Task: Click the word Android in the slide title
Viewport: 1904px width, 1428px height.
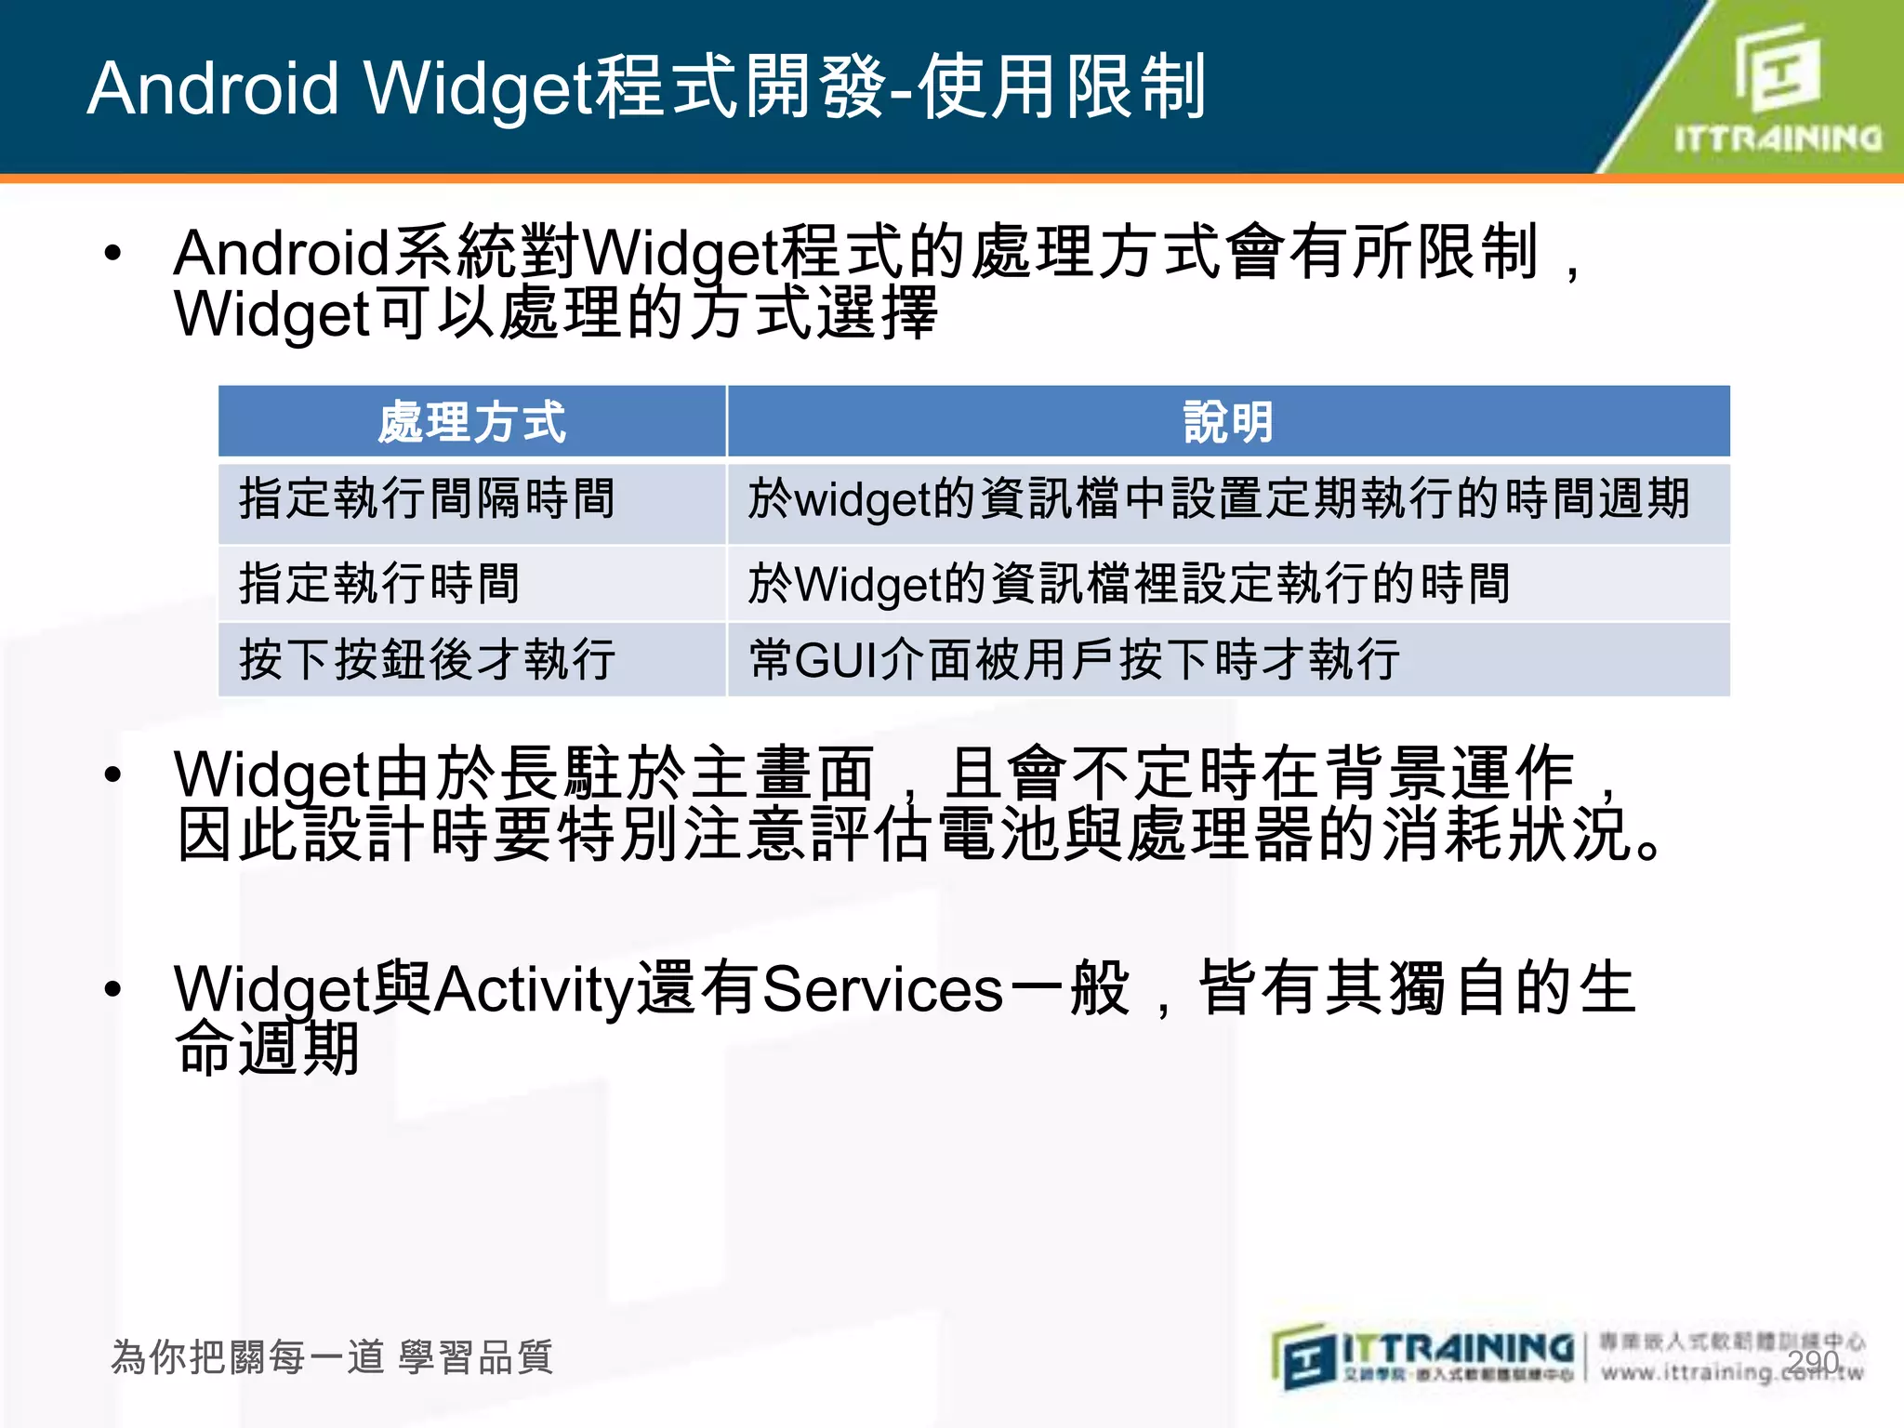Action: tap(214, 88)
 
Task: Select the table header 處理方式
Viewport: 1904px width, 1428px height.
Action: tap(471, 422)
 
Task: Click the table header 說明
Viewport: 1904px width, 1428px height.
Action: tap(1227, 422)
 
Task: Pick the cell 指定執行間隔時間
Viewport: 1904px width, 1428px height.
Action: tap(428, 499)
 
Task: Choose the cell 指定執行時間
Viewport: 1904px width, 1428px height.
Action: tap(379, 584)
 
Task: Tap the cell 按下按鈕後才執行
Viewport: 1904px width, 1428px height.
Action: tap(428, 660)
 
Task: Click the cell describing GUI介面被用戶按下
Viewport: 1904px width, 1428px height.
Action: tap(1074, 660)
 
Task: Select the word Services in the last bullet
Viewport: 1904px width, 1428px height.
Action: tap(881, 989)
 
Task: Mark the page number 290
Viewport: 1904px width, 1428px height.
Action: tap(1812, 1362)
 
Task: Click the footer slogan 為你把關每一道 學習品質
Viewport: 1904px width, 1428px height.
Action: tap(332, 1357)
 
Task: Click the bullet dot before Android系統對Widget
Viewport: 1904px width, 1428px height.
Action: tap(113, 253)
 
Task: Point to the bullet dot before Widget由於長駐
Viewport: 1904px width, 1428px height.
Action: tap(113, 774)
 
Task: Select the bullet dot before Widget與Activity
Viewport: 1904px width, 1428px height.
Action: tap(113, 989)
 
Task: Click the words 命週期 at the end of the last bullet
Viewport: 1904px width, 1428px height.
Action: tap(268, 1049)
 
